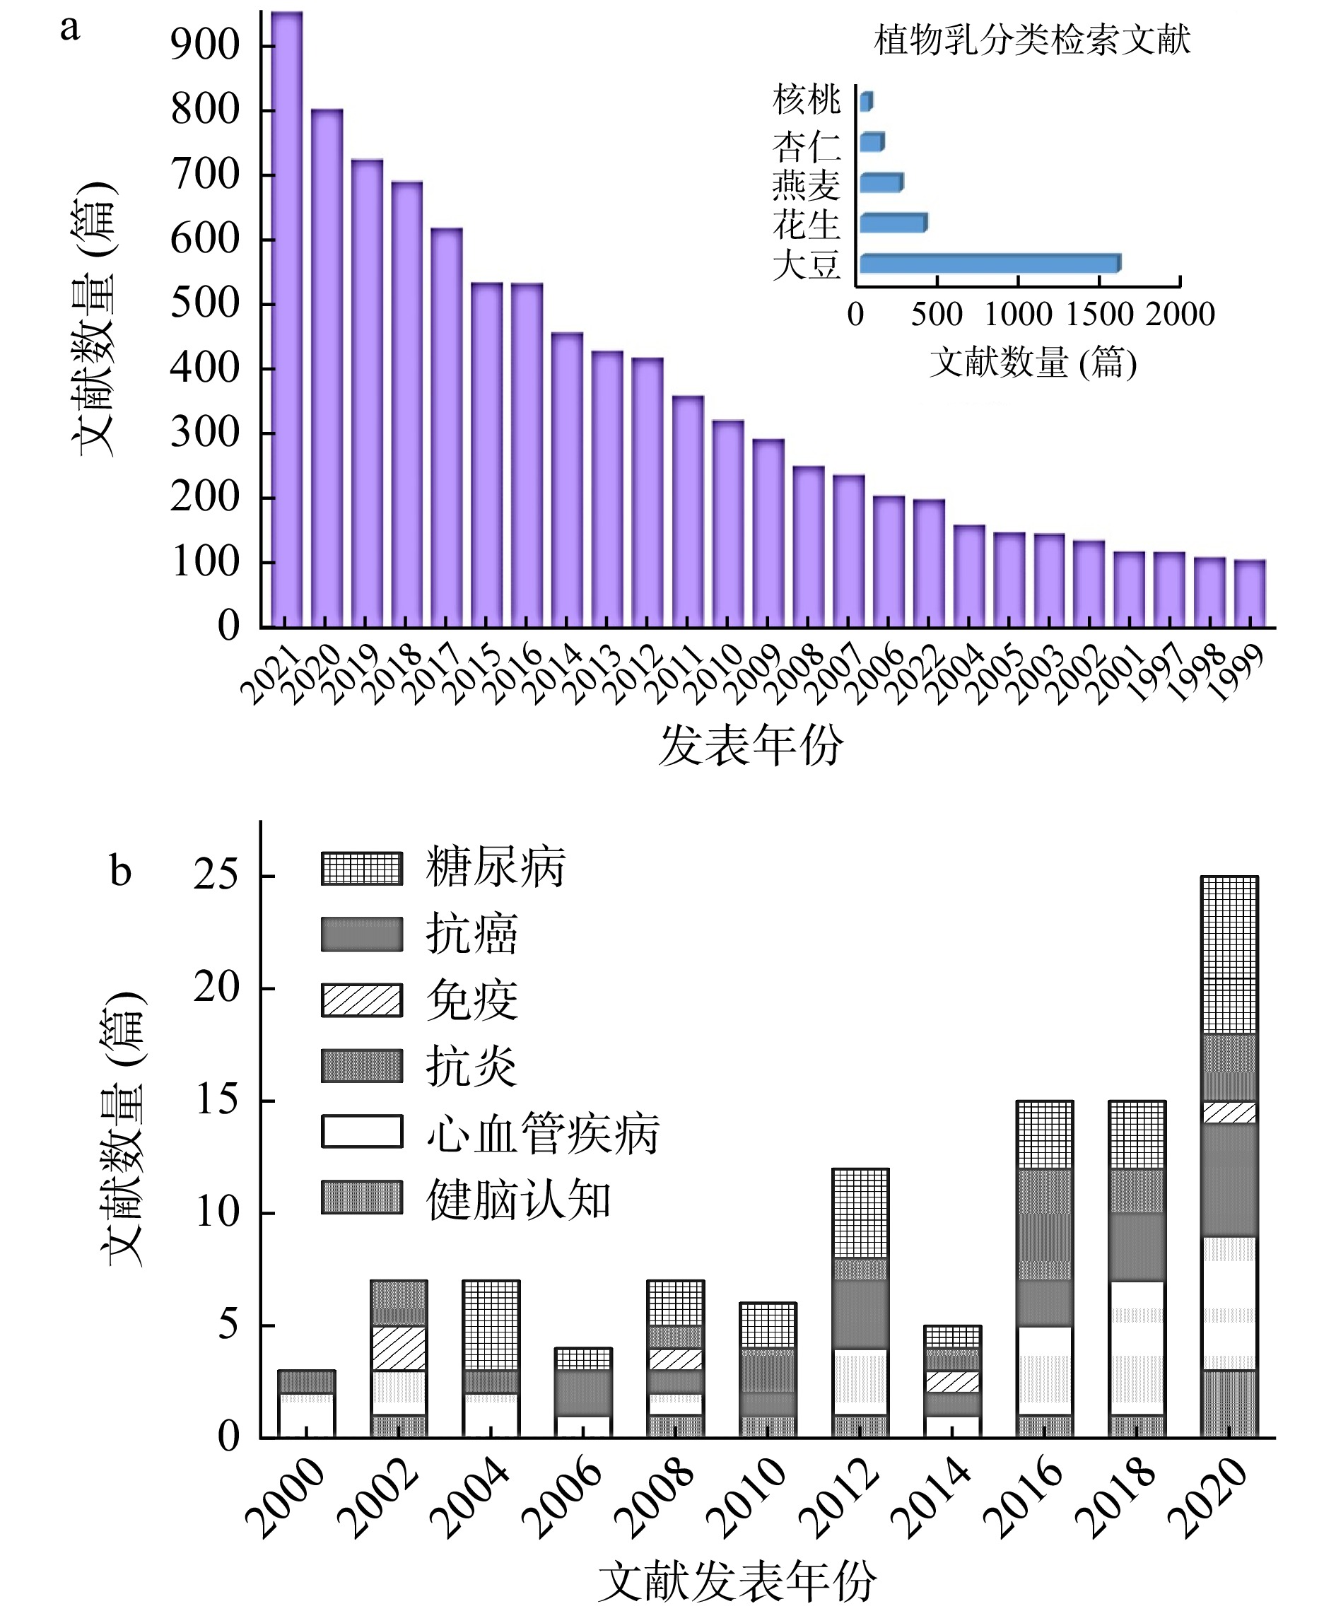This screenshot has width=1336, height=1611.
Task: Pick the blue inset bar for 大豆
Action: click(x=990, y=263)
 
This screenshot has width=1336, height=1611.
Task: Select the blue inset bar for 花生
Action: click(x=893, y=223)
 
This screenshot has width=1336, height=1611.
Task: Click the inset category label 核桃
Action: click(x=806, y=100)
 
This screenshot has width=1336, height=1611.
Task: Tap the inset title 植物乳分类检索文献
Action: click(x=1031, y=40)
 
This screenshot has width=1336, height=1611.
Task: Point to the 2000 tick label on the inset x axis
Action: click(x=1180, y=314)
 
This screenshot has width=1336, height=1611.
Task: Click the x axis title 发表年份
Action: click(x=751, y=745)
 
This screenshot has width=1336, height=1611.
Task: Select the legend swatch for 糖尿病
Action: click(x=362, y=868)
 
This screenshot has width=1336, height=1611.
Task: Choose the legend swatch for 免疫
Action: click(x=362, y=1000)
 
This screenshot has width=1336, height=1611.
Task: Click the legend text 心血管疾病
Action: click(x=543, y=1132)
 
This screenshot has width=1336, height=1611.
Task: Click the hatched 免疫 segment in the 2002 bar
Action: click(x=399, y=1348)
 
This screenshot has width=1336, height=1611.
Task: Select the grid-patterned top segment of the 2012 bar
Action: click(x=860, y=1214)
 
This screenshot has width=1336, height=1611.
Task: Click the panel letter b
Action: click(x=120, y=871)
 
